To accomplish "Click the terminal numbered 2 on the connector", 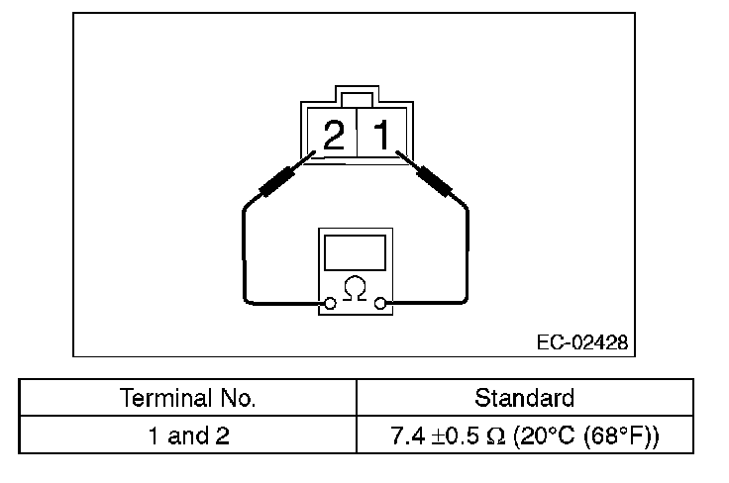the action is (x=334, y=136).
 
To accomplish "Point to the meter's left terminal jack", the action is (x=330, y=303).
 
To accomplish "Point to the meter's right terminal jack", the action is (x=381, y=303).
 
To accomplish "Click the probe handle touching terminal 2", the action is (x=279, y=181).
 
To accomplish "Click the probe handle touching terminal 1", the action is (x=435, y=181).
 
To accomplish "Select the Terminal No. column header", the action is (x=188, y=399).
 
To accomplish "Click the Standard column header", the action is (x=524, y=399).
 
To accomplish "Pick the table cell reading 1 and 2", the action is (x=188, y=435).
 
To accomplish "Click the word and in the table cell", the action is (x=188, y=435).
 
